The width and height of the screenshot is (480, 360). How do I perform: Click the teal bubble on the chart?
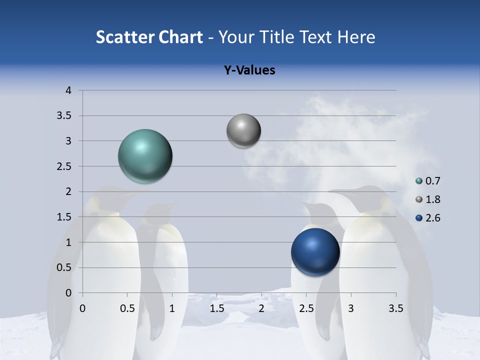coord(145,156)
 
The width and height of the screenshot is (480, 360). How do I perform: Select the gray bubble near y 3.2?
coord(243,131)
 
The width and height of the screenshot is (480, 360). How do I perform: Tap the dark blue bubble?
coord(315,252)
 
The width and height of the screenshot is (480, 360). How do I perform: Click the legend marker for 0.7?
coord(419,181)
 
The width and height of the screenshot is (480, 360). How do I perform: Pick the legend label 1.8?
coord(432,199)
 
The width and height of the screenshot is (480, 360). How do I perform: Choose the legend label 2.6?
coord(432,218)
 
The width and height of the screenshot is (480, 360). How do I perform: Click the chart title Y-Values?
coord(249,70)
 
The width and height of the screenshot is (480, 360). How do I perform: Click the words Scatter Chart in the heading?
coord(149,37)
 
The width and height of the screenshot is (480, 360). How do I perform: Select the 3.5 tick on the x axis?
coord(395,308)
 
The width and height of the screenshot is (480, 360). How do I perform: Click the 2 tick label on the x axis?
coord(261,308)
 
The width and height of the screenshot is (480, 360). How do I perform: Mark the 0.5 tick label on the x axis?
coord(127,308)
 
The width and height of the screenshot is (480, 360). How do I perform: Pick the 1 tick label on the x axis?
coord(172,308)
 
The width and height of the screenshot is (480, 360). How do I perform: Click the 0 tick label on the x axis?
coord(82,308)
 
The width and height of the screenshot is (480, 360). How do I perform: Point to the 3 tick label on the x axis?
coord(351,308)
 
